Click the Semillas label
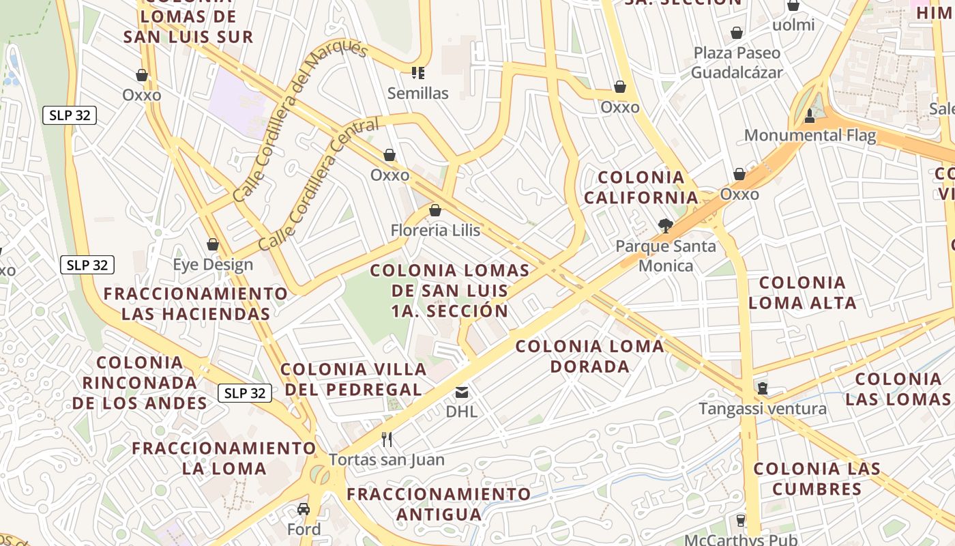tap(417, 93)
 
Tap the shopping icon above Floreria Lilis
tap(435, 210)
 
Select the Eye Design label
tap(213, 264)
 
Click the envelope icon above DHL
tap(462, 392)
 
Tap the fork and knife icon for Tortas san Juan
tap(387, 440)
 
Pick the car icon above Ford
tap(304, 509)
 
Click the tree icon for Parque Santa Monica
tap(665, 225)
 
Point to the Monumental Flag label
tap(810, 135)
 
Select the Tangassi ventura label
tap(763, 409)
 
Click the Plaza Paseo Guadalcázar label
tap(737, 62)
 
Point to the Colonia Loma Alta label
tap(802, 292)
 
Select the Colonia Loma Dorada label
tap(589, 356)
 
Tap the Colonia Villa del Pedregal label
tap(353, 379)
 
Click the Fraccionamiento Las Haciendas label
tap(196, 304)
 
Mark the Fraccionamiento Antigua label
tap(439, 503)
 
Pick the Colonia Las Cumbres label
tap(817, 478)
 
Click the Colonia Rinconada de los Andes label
tap(140, 382)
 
